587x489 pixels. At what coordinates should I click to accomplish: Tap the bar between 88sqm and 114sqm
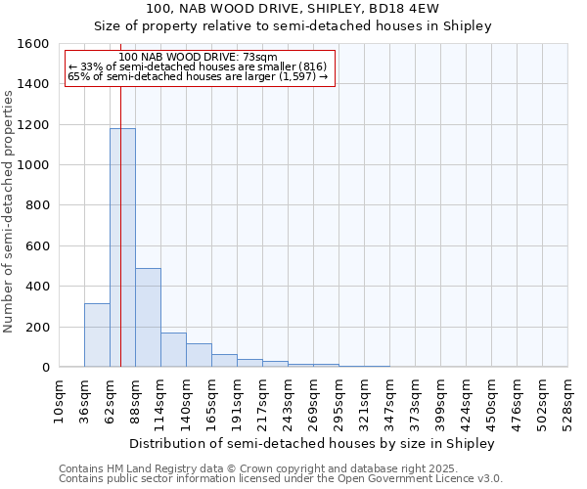point(148,318)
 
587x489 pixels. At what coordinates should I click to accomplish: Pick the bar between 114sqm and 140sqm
point(173,350)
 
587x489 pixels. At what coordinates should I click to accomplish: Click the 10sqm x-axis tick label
point(60,400)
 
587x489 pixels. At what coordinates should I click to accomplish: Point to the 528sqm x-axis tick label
point(568,400)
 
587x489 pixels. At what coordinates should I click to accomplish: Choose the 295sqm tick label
point(339,400)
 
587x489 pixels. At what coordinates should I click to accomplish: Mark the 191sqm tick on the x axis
point(238,400)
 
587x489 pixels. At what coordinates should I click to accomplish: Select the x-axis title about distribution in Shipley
point(313,443)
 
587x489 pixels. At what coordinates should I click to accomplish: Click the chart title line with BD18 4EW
point(293,9)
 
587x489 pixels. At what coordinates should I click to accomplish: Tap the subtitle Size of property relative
point(293,26)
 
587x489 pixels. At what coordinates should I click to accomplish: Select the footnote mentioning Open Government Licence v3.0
point(281,478)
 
